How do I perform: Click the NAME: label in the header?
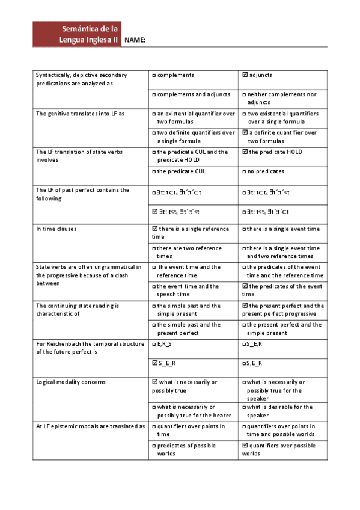pyautogui.click(x=135, y=40)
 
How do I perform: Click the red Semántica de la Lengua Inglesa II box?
pyautogui.click(x=77, y=34)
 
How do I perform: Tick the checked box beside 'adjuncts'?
pyautogui.click(x=245, y=75)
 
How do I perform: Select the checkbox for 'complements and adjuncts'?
pyautogui.click(x=154, y=94)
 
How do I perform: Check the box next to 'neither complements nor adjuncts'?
pyautogui.click(x=245, y=94)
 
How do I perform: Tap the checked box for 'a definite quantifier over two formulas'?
pyautogui.click(x=245, y=133)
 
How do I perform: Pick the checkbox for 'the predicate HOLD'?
pyautogui.click(x=245, y=152)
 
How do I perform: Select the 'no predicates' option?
pyautogui.click(x=245, y=171)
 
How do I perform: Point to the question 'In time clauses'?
pyautogui.click(x=56, y=229)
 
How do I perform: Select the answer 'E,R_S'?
pyautogui.click(x=154, y=344)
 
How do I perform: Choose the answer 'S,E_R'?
pyautogui.click(x=245, y=363)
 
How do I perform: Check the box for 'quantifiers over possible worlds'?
pyautogui.click(x=245, y=446)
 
